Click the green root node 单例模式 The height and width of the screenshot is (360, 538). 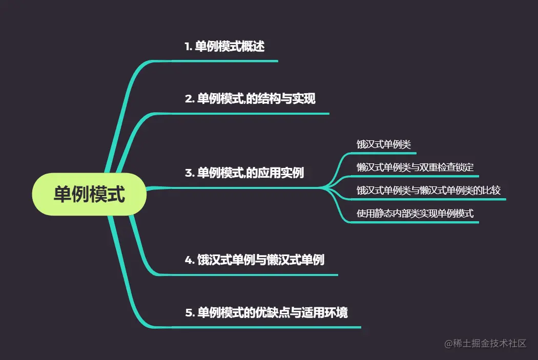coord(90,194)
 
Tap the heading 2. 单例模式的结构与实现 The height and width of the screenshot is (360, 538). coord(250,99)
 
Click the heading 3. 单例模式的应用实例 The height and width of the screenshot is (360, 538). coord(244,173)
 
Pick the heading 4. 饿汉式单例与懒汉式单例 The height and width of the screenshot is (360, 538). coord(255,260)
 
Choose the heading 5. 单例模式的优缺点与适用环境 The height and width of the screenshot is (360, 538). coord(266,312)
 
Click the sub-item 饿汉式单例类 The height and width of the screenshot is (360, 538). coord(384,144)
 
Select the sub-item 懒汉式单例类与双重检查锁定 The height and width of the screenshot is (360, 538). coord(416,167)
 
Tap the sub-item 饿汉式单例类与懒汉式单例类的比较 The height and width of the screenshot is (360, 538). coord(429,190)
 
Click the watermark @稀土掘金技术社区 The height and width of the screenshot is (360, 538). coord(485,343)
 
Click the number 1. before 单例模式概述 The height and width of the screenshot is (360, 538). coord(188,47)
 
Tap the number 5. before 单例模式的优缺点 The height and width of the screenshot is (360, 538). coord(189,312)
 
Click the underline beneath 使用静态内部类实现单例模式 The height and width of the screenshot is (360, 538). coord(415,222)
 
